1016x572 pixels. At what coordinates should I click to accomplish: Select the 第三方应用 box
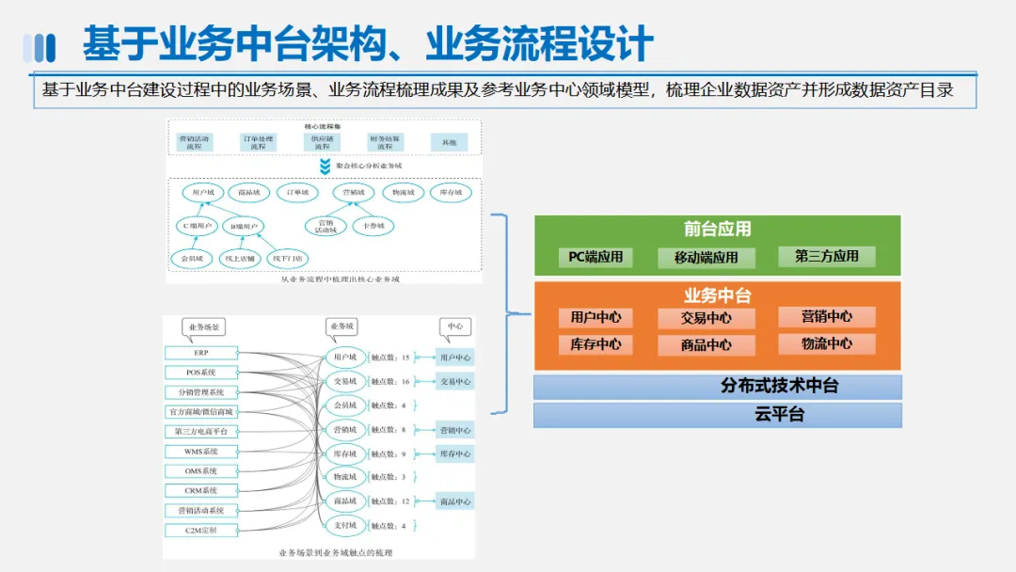point(826,256)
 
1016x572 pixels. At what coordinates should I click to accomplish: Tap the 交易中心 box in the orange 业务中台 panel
point(706,318)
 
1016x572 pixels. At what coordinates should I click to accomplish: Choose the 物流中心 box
point(826,344)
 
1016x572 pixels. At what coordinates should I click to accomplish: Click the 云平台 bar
point(717,415)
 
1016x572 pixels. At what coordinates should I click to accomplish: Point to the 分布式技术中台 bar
point(717,387)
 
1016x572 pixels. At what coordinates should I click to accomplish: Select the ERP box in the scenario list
point(201,353)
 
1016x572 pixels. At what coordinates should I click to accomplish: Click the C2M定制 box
point(201,531)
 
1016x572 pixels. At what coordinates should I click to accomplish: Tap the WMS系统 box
point(201,452)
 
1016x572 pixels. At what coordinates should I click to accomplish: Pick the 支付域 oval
point(345,525)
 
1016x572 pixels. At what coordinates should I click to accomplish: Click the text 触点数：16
point(390,382)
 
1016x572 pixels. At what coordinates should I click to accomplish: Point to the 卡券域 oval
point(373,227)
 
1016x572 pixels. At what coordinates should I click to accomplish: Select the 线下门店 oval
point(288,257)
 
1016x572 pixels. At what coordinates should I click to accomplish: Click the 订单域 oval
point(297,193)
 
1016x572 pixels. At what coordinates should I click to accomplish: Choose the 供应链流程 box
point(322,143)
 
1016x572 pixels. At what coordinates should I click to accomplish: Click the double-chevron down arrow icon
point(325,166)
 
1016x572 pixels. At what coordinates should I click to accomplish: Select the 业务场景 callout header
point(204,327)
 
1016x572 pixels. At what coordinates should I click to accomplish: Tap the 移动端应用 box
point(706,257)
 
